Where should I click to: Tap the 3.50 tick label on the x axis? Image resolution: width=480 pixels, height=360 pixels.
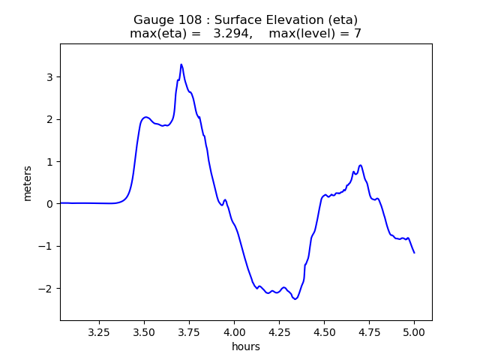pyautogui.click(x=144, y=331)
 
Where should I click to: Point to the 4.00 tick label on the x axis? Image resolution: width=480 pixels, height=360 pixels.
pyautogui.click(x=234, y=331)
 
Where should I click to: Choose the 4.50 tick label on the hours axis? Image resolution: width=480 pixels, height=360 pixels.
pyautogui.click(x=324, y=331)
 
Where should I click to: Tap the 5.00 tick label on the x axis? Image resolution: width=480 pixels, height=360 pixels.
pyautogui.click(x=414, y=331)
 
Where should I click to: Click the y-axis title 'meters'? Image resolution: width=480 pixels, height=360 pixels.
pyautogui.click(x=28, y=183)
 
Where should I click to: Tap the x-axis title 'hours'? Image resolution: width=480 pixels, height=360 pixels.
pyautogui.click(x=246, y=346)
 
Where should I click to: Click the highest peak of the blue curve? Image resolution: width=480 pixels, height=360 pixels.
pyautogui.click(x=181, y=64)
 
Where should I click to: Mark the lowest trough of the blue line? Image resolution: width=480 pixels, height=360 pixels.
pyautogui.click(x=295, y=299)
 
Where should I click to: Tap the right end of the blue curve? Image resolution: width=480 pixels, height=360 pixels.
pyautogui.click(x=414, y=253)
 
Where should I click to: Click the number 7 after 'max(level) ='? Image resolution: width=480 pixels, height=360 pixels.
pyautogui.click(x=358, y=34)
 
